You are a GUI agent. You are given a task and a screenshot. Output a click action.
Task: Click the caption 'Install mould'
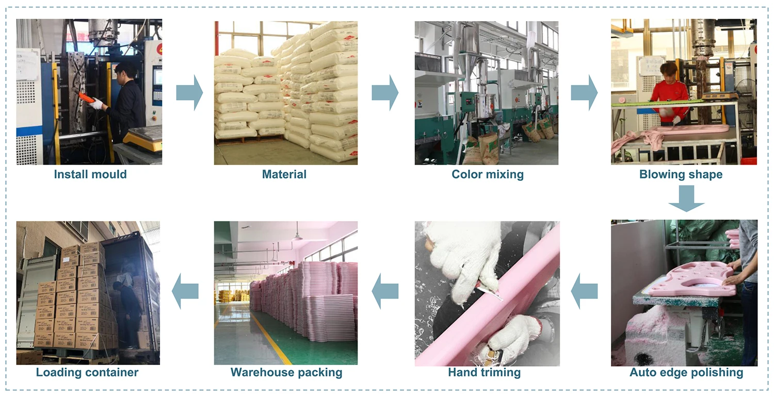90,175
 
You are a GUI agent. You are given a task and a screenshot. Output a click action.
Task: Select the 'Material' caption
284,175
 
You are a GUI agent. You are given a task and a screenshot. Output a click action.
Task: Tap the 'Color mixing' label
488,175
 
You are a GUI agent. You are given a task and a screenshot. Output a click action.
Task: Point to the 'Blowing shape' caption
681,175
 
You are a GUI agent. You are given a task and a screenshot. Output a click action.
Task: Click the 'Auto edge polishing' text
686,372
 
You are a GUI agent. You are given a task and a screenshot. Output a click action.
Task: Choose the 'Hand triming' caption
484,372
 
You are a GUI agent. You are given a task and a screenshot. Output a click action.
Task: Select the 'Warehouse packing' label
286,372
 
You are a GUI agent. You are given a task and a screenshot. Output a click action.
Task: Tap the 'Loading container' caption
87,372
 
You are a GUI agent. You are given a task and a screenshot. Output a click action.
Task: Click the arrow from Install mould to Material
189,92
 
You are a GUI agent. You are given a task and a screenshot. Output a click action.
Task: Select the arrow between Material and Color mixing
385,92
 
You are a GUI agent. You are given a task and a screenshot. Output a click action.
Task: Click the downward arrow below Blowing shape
686,198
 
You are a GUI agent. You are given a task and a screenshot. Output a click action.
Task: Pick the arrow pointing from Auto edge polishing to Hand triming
584,292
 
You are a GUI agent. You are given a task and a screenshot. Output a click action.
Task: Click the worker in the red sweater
669,93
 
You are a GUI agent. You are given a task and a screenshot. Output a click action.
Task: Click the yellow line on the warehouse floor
271,338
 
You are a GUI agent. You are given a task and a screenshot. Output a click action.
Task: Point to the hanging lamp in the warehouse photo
297,236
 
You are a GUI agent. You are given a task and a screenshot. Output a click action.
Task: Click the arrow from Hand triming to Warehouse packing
385,292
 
